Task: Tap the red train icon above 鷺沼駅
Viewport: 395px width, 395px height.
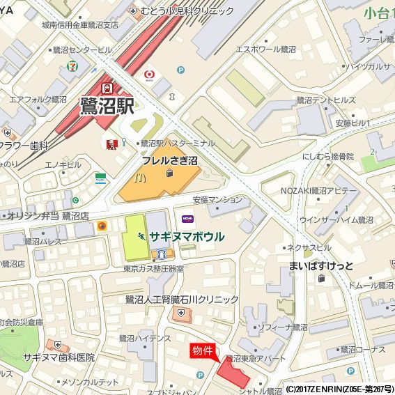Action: pyautogui.click(x=107, y=88)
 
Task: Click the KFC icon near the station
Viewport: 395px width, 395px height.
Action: pyautogui.click(x=110, y=144)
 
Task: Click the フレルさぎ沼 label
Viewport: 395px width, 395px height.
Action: pyautogui.click(x=170, y=160)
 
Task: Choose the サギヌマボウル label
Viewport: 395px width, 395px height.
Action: pyautogui.click(x=187, y=237)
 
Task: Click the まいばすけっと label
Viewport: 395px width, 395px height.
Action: pyautogui.click(x=322, y=265)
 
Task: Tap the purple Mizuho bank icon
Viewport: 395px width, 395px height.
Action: pyautogui.click(x=187, y=219)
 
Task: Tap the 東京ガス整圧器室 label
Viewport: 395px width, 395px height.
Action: pyautogui.click(x=153, y=268)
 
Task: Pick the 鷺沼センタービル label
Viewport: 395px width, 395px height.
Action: pyautogui.click(x=82, y=50)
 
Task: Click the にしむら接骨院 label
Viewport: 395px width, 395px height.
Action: pyautogui.click(x=329, y=156)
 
